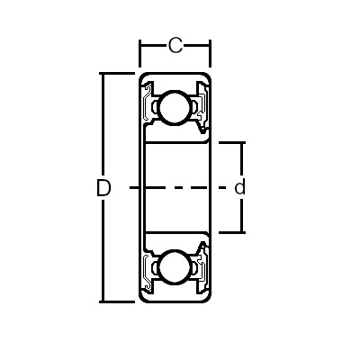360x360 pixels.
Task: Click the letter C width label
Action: click(175, 44)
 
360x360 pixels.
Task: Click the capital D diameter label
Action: click(103, 188)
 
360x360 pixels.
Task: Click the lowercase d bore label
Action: click(239, 188)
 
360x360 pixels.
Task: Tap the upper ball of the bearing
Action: click(175, 107)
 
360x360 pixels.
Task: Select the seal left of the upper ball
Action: click(146, 108)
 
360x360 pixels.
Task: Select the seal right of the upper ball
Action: click(203, 108)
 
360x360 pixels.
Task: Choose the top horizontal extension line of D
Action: click(117, 73)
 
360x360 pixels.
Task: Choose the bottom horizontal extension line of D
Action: click(117, 301)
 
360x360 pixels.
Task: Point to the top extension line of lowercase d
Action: click(229, 142)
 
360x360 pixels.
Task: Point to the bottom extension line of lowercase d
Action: click(229, 232)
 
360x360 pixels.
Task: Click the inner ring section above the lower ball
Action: click(175, 242)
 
